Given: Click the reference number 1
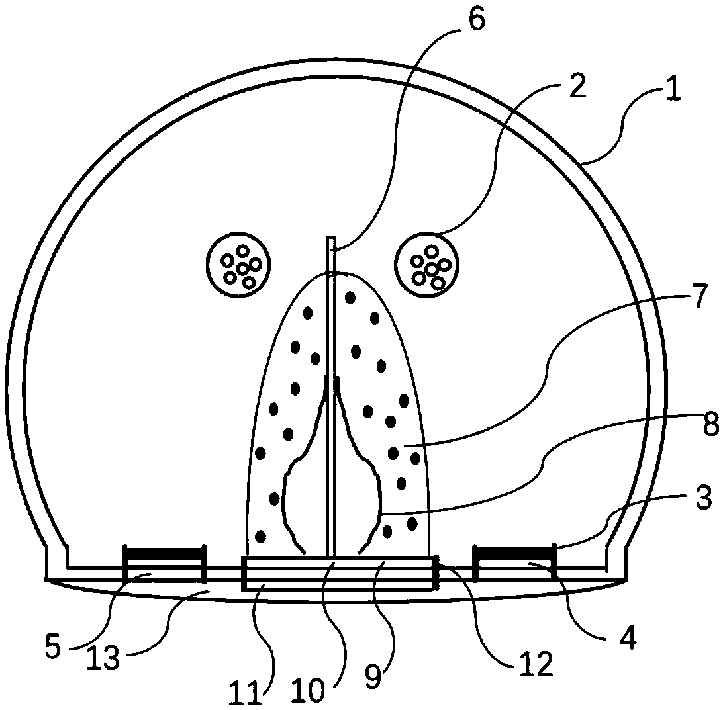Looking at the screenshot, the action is tap(673, 87).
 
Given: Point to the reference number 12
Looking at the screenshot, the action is tap(536, 666).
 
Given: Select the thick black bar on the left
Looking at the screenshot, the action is tap(164, 551).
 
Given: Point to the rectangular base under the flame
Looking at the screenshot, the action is tap(338, 573).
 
